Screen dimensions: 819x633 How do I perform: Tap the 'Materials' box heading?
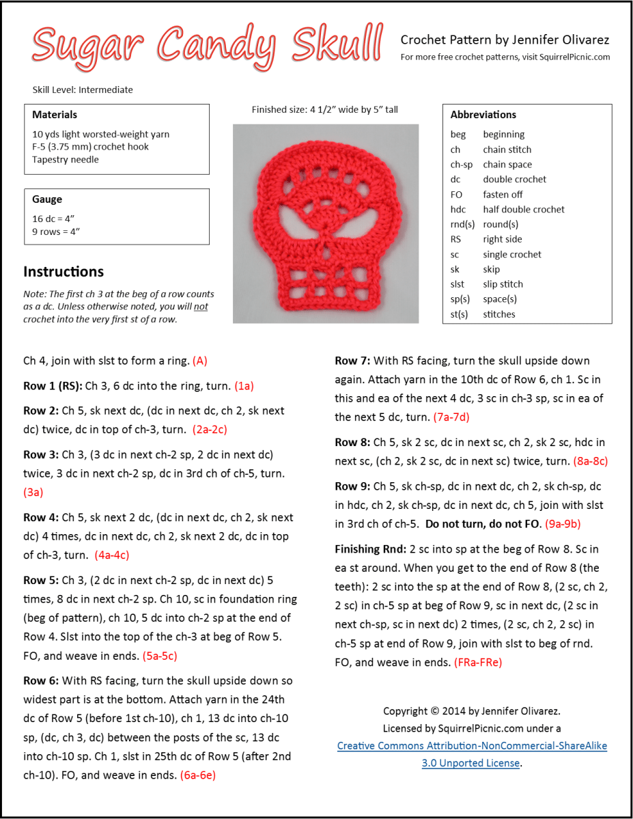pyautogui.click(x=55, y=115)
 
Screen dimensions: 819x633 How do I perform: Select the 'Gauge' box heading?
pyautogui.click(x=47, y=199)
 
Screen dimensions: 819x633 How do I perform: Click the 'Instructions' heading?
pyautogui.click(x=64, y=271)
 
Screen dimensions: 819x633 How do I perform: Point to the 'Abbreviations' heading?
pyautogui.click(x=483, y=115)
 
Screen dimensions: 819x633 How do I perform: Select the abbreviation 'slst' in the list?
pyautogui.click(x=458, y=284)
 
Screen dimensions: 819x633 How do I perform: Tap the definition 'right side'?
pyautogui.click(x=503, y=239)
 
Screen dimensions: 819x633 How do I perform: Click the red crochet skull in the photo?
pyautogui.click(x=326, y=223)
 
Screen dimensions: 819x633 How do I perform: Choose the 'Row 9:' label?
pyautogui.click(x=352, y=486)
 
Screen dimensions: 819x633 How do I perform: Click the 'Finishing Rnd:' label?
pyautogui.click(x=370, y=549)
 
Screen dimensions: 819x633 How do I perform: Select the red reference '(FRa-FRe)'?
pyautogui.click(x=478, y=662)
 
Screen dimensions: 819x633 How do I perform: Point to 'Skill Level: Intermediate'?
pyautogui.click(x=83, y=89)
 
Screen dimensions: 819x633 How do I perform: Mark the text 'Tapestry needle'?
pyautogui.click(x=66, y=159)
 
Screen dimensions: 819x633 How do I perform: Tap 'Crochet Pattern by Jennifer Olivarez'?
pyautogui.click(x=505, y=40)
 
